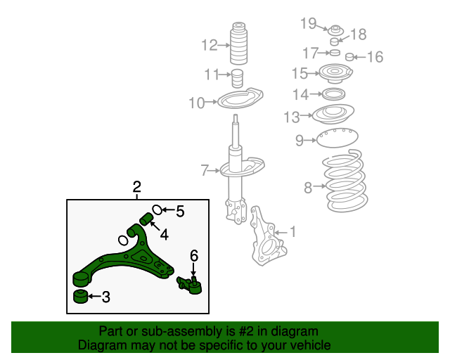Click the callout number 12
click(209, 46)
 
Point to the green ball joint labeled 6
click(191, 283)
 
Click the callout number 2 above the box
click(137, 187)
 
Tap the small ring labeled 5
click(158, 210)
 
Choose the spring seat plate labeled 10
click(239, 100)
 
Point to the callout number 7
click(205, 170)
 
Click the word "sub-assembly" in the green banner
click(167, 331)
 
